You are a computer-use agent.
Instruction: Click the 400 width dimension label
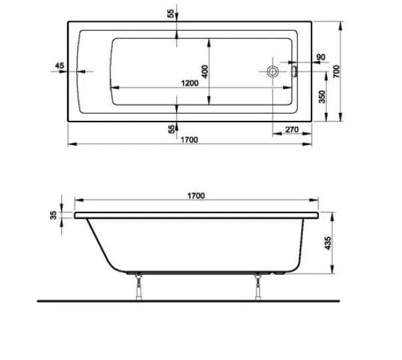coord(205,70)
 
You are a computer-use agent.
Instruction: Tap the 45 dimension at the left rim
coord(59,65)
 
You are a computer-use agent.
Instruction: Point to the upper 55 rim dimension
coord(171,15)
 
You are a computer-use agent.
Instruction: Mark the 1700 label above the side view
coord(195,195)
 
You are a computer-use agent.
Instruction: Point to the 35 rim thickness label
coord(52,214)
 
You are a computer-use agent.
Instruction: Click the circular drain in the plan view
coord(273,71)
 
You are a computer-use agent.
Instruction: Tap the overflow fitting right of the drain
coord(294,70)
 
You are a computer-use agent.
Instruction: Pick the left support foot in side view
coord(138,285)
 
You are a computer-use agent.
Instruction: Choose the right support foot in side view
coord(256,285)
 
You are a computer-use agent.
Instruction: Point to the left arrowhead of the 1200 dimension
coord(113,88)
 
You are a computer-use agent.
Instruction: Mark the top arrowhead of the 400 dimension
coord(210,41)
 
